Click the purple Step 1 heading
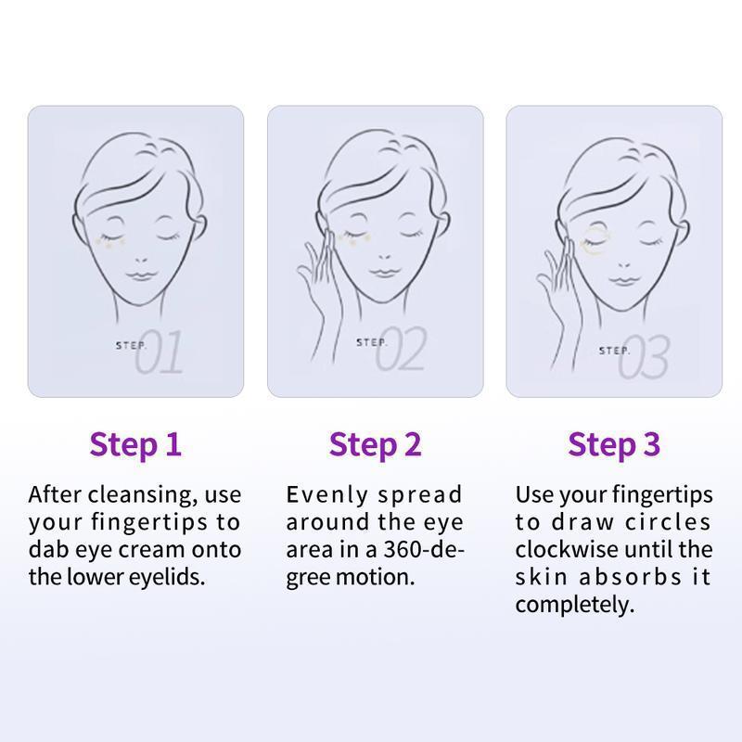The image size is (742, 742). [x=135, y=445]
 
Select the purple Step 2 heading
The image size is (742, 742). [x=375, y=445]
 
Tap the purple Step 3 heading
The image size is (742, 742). [x=614, y=445]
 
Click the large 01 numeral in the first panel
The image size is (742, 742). [x=159, y=352]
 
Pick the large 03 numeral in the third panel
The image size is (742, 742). [x=644, y=357]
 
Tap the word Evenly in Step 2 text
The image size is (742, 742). [x=327, y=495]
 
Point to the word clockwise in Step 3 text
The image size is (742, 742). [x=567, y=550]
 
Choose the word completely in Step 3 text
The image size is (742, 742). [x=575, y=606]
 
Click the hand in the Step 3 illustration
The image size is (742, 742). [x=558, y=303]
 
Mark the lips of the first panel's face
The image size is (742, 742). [x=141, y=275]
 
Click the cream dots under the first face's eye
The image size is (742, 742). [x=110, y=242]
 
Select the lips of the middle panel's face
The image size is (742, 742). [x=383, y=273]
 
